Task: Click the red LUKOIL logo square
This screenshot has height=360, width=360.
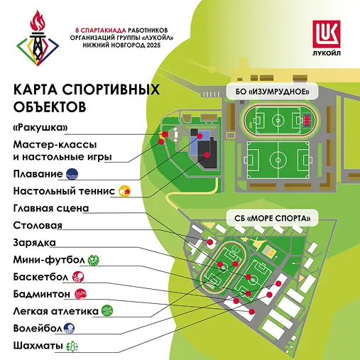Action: click(327, 34)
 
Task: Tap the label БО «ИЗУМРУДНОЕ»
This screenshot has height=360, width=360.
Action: click(272, 92)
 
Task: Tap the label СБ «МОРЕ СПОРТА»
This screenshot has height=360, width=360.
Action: click(272, 218)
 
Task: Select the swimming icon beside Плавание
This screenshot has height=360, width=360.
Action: click(72, 174)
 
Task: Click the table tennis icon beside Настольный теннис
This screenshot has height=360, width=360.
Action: click(124, 191)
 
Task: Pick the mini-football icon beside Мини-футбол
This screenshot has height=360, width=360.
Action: click(93, 260)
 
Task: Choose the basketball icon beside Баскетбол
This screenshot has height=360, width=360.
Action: click(78, 277)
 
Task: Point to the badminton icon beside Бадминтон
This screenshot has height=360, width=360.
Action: click(80, 294)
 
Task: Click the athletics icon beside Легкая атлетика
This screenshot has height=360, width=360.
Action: click(107, 311)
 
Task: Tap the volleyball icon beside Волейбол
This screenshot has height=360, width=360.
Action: click(69, 328)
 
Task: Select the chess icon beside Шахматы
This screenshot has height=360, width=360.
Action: click(72, 346)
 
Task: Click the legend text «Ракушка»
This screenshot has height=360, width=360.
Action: click(40, 128)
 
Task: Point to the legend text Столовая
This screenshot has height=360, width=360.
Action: click(38, 225)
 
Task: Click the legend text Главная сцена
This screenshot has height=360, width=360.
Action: click(51, 208)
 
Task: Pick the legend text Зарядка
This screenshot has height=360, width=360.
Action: click(35, 243)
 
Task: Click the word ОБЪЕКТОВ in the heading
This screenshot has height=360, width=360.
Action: click(50, 107)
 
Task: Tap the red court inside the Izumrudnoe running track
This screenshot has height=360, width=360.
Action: click(307, 120)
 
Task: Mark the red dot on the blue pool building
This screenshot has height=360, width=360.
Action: click(200, 136)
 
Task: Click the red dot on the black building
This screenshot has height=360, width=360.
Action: click(207, 155)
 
